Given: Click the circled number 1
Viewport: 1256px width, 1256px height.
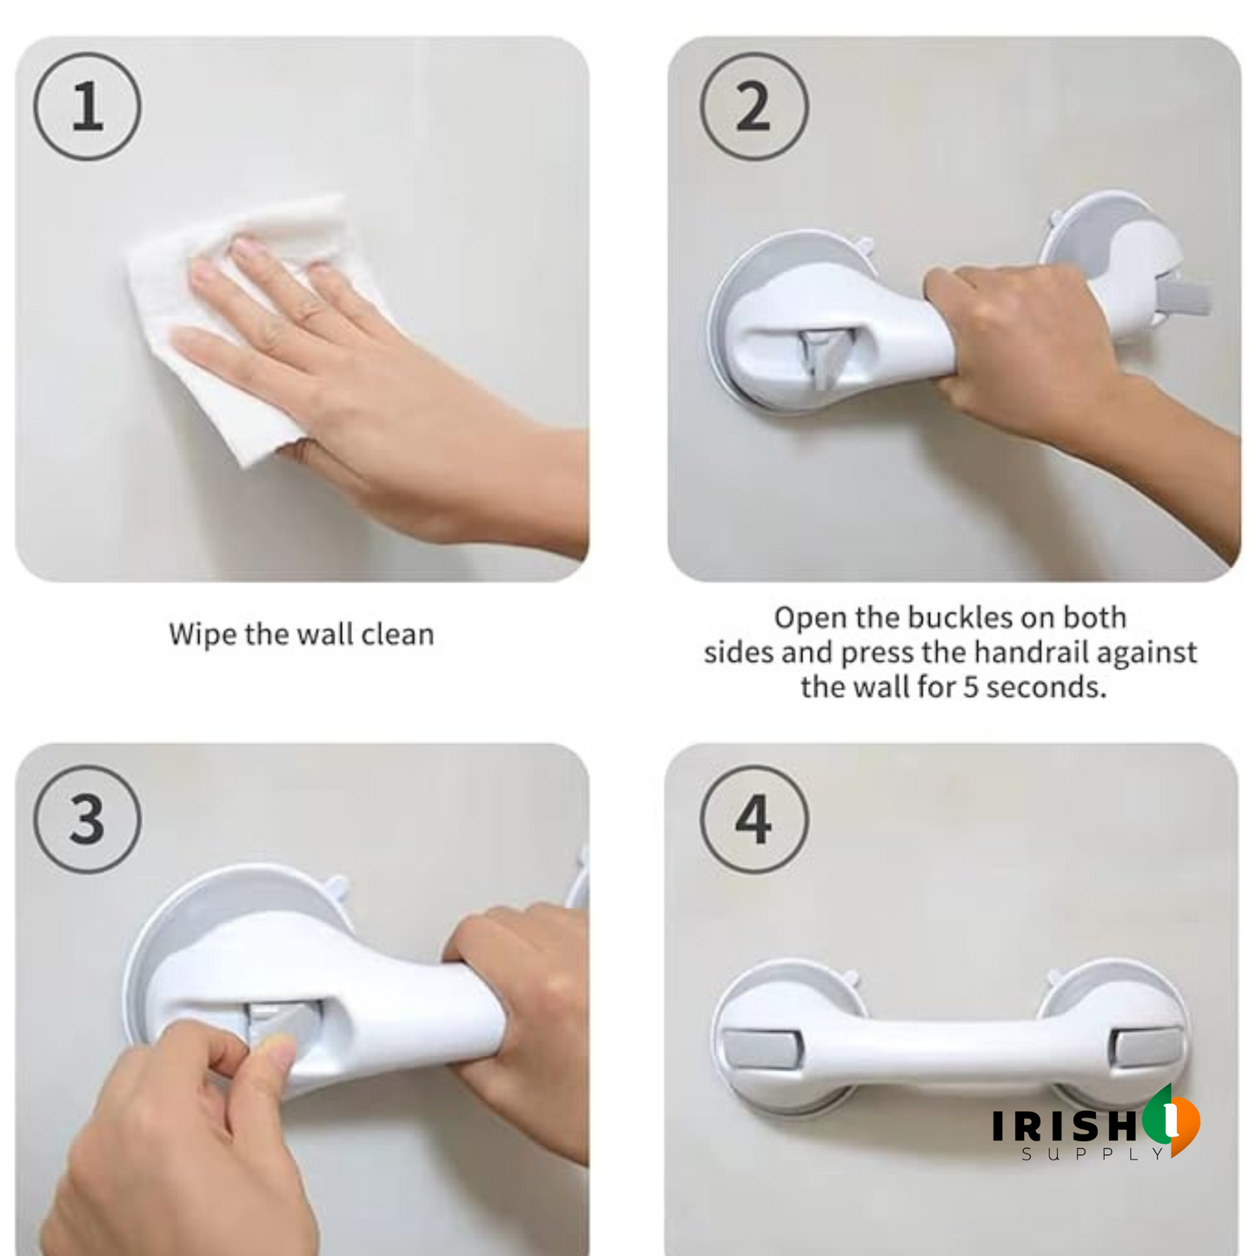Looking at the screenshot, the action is (87, 106).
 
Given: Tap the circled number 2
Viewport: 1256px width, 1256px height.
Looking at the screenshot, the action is (754, 106).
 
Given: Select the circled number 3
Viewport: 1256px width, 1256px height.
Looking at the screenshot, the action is (87, 819).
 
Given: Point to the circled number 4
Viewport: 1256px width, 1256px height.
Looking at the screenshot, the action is (754, 819).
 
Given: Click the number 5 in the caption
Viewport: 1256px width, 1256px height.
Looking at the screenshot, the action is (971, 688).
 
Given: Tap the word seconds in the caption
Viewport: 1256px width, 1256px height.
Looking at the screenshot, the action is (1047, 688).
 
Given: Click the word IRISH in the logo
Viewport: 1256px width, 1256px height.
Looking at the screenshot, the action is (1064, 1126).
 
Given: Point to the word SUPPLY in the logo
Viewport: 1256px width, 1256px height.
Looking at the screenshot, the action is (1093, 1154).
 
